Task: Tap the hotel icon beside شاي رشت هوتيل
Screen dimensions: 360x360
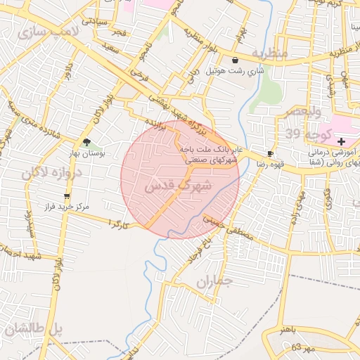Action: (235, 60)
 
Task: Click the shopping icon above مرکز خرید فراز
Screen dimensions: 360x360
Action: (67, 196)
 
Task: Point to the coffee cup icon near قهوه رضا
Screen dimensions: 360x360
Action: (271, 153)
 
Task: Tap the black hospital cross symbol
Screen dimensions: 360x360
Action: (342, 141)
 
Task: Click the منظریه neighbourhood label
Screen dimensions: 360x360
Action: (270, 53)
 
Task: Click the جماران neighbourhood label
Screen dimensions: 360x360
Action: (214, 283)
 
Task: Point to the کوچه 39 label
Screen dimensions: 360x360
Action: (303, 133)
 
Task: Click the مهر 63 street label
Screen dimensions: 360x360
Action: (306, 347)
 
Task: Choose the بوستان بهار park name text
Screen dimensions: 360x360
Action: (86, 153)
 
